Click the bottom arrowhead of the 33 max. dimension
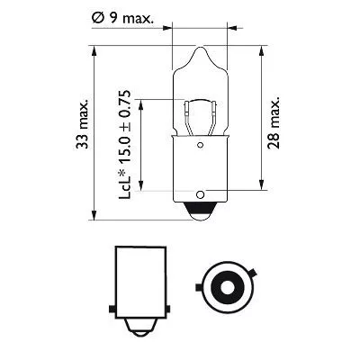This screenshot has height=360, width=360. pyautogui.click(x=94, y=215)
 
